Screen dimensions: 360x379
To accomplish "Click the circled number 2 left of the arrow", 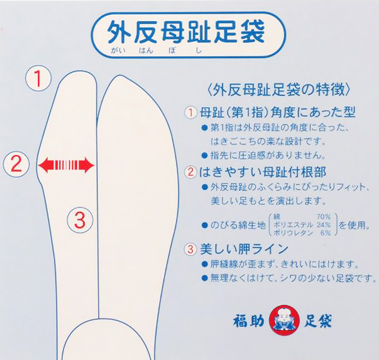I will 16,164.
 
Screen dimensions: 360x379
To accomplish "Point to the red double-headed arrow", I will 66,165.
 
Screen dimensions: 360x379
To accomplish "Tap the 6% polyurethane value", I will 325,233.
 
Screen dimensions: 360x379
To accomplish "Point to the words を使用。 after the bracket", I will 353,225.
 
